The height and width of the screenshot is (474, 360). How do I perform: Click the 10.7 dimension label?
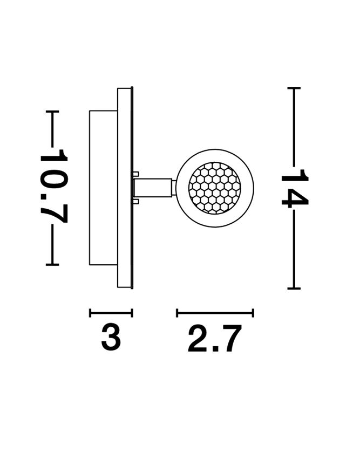(x=53, y=186)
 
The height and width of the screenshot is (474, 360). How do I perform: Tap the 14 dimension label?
(x=295, y=189)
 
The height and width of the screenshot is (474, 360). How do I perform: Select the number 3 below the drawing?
(x=111, y=337)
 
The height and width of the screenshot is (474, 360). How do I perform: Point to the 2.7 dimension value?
(x=215, y=339)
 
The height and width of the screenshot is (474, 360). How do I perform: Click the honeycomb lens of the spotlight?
(x=215, y=188)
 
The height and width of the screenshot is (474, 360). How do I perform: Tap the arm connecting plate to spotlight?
(x=153, y=188)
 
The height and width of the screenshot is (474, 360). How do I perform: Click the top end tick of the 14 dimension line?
(x=294, y=88)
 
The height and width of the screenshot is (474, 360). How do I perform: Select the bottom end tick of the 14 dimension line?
(x=294, y=288)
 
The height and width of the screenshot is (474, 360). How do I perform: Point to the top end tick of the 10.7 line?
(x=52, y=112)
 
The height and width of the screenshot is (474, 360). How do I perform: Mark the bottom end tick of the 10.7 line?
(x=52, y=265)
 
